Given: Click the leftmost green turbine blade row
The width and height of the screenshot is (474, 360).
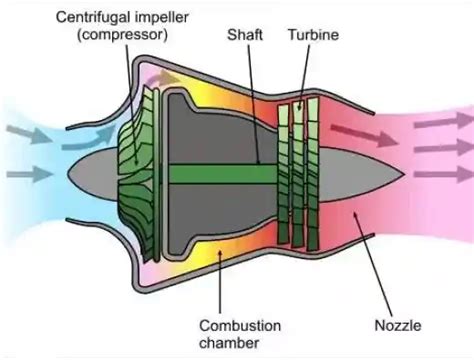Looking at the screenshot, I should coord(284,170).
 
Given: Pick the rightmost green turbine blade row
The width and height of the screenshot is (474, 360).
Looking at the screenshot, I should coord(313,170).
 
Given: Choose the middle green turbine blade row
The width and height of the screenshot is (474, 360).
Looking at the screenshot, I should coord(298,170).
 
